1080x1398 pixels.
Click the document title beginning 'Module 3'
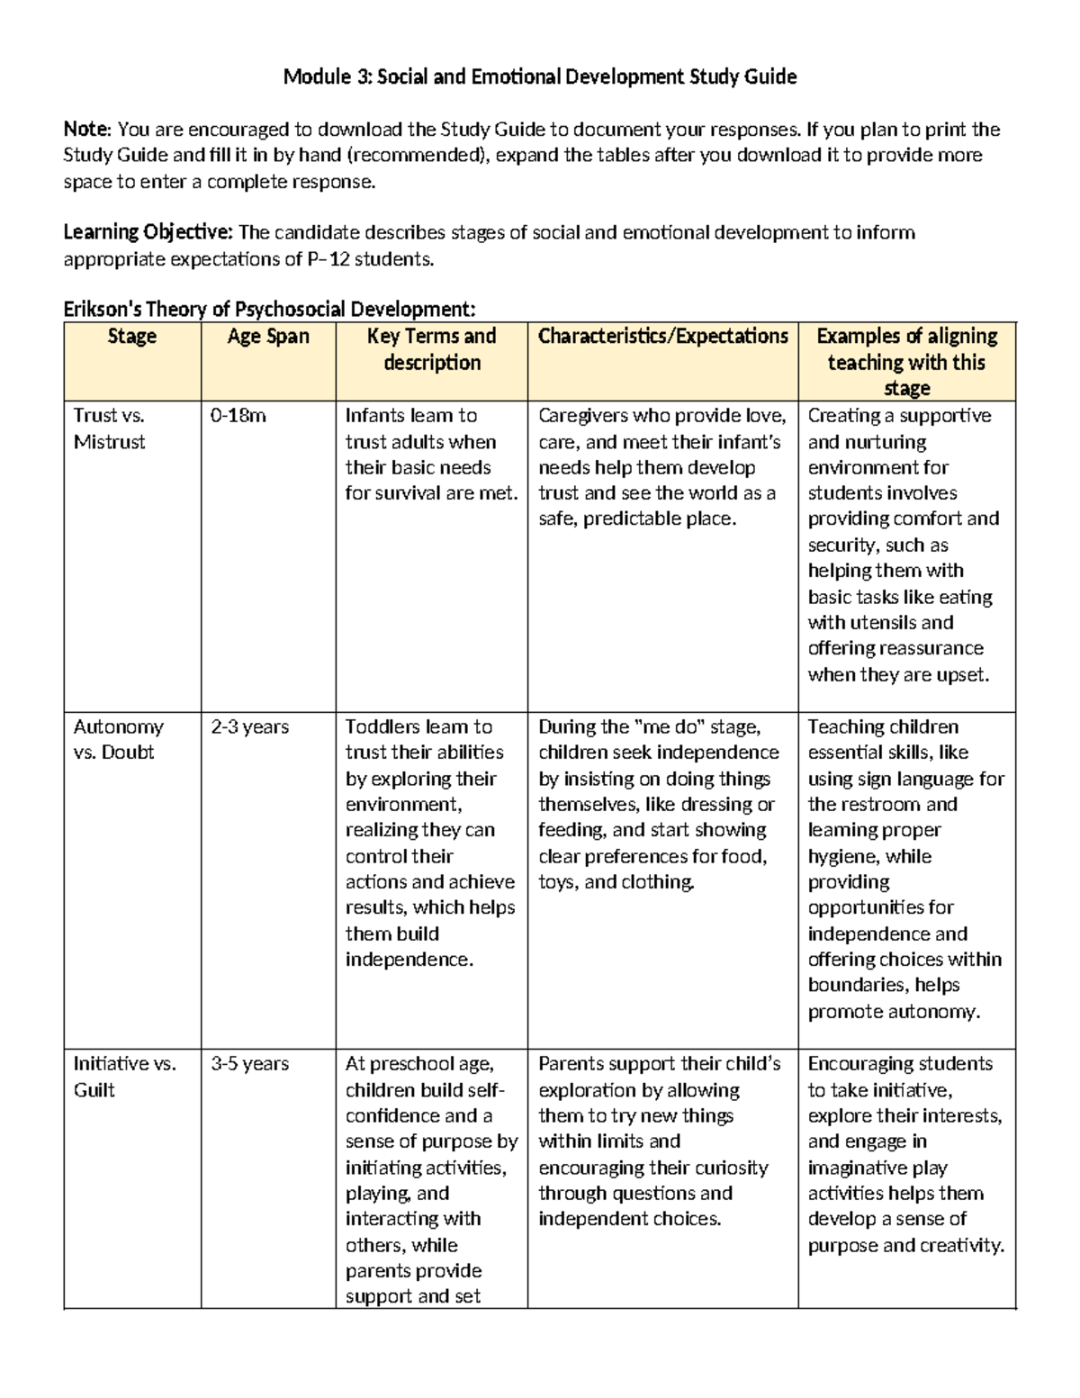539,77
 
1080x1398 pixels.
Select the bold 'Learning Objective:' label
148,233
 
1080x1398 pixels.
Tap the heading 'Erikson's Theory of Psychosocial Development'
269,310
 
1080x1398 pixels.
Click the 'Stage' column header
131,337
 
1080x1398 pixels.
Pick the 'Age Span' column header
268,337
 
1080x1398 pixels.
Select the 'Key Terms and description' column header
431,349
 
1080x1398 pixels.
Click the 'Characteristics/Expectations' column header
662,337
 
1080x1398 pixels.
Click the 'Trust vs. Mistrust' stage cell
110,428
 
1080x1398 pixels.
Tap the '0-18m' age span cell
238,416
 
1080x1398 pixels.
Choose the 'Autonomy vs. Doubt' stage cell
118,739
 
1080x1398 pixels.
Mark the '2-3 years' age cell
249,726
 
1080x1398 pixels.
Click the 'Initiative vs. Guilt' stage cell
124,1077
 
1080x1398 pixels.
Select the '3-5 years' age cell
249,1064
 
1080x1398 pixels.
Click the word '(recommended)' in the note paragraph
417,156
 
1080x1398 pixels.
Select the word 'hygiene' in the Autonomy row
842,856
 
